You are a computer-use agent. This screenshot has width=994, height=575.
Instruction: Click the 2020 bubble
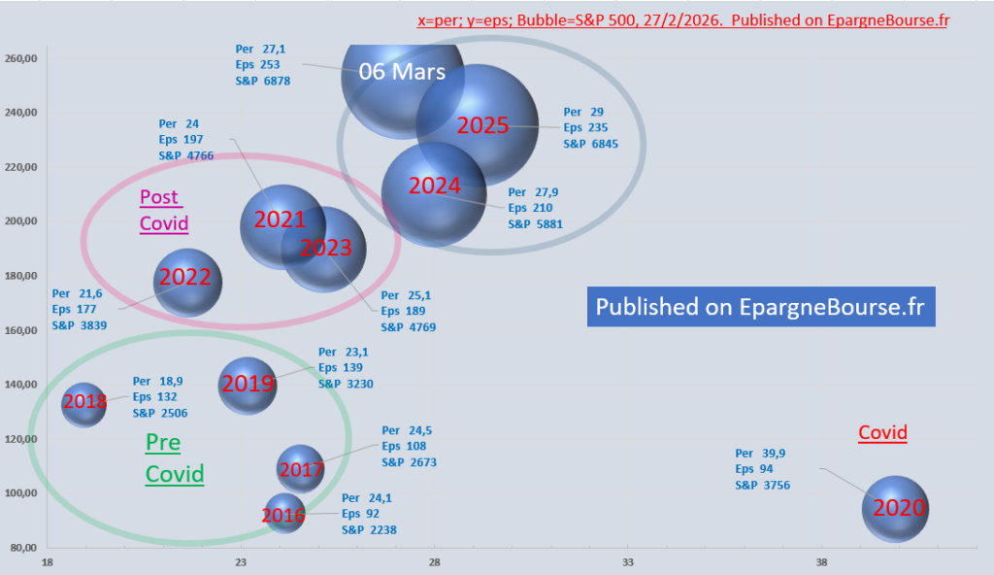click(895, 508)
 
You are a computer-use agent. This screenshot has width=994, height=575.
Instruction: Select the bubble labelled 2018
click(83, 402)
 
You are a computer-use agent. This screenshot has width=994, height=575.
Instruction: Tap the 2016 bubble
click(284, 514)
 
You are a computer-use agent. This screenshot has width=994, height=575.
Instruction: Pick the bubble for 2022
click(187, 281)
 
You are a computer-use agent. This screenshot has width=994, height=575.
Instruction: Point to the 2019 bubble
click(248, 385)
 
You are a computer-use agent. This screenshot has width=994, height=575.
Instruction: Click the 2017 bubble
click(300, 470)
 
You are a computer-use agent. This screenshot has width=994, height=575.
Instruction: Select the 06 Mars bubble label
click(402, 71)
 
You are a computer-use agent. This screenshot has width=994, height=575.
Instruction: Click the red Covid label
click(882, 433)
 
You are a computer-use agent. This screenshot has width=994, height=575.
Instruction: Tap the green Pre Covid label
click(174, 458)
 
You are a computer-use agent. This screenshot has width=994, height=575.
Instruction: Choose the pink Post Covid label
click(163, 210)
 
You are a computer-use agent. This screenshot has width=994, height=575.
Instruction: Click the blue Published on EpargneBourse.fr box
click(760, 307)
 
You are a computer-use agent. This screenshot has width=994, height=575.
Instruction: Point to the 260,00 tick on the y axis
click(20, 58)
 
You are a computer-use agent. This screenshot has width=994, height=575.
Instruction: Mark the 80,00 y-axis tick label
click(22, 548)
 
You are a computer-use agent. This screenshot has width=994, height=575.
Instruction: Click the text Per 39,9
click(758, 453)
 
